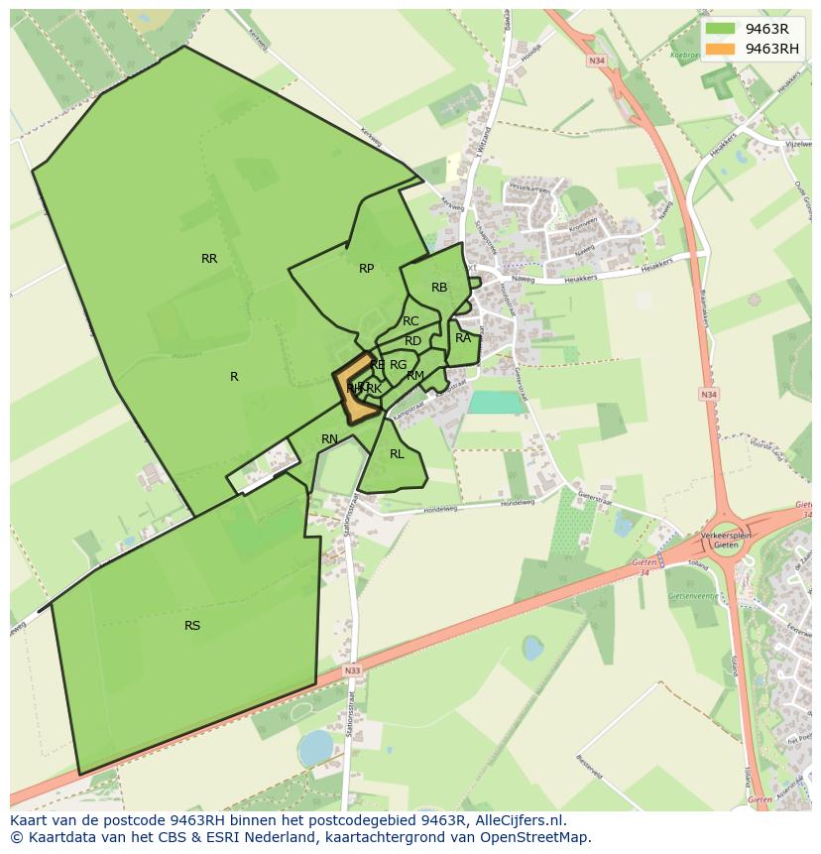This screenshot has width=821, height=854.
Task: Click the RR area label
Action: [209, 259]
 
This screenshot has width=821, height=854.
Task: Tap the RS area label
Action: [192, 626]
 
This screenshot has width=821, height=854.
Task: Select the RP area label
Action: [367, 269]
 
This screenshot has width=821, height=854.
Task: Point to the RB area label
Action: [439, 288]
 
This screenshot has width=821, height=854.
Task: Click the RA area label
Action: [463, 338]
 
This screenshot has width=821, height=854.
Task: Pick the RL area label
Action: [397, 454]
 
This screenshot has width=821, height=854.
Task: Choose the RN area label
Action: [330, 439]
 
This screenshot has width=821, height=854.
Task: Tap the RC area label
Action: [410, 321]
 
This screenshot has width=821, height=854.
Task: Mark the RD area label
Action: [413, 341]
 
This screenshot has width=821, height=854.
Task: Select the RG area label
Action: [398, 365]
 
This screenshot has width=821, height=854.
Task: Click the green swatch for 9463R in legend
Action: [721, 29]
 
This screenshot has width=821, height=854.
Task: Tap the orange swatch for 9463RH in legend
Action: [721, 49]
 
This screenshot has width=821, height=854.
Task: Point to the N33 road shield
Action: [352, 671]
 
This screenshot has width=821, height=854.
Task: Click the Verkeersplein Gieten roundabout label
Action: [727, 541]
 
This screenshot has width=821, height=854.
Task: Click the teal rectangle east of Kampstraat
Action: [496, 402]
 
